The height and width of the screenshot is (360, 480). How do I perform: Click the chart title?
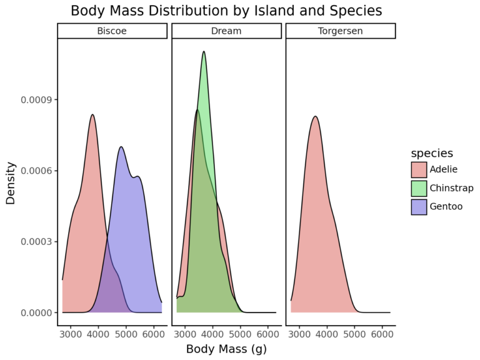[x=226, y=11]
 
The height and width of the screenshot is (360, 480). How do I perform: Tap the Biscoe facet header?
[x=112, y=31]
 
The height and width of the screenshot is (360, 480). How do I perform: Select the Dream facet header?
[x=226, y=31]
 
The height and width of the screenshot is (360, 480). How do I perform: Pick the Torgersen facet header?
[x=341, y=31]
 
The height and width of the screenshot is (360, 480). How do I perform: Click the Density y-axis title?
[x=11, y=183]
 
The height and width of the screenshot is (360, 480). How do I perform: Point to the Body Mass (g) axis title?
[x=226, y=349]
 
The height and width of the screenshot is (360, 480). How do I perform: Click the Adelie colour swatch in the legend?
[x=419, y=169]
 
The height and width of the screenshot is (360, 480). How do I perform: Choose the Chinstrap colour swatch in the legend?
[x=419, y=188]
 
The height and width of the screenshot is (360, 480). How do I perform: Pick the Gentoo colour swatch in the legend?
[x=419, y=206]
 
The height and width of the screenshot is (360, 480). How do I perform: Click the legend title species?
[x=432, y=153]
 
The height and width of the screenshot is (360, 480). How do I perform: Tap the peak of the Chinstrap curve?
[x=204, y=51]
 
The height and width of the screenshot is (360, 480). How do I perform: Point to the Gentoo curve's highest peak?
[x=121, y=147]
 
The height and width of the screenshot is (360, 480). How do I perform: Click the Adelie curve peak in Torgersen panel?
[x=315, y=116]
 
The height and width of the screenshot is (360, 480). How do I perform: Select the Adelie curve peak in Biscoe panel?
[x=92, y=114]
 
